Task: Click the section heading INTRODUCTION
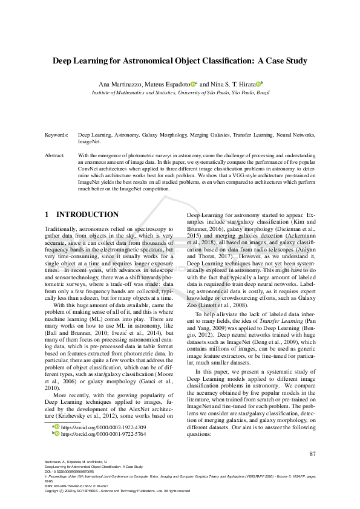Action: (87, 215)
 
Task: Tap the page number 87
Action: (312, 454)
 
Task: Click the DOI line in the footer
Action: (67, 472)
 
